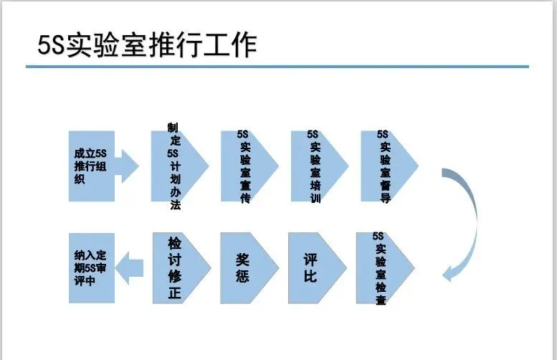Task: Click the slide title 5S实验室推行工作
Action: [146, 45]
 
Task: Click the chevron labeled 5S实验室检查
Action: [381, 268]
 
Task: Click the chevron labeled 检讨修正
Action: [176, 267]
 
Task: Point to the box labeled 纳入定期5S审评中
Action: [91, 267]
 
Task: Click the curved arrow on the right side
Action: [466, 215]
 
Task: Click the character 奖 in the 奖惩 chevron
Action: [243, 258]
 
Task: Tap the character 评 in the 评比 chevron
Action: [310, 258]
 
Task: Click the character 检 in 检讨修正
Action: [175, 242]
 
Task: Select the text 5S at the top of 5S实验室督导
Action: [383, 134]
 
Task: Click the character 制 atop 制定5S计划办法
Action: [172, 127]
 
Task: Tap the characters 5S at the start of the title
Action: [50, 45]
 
